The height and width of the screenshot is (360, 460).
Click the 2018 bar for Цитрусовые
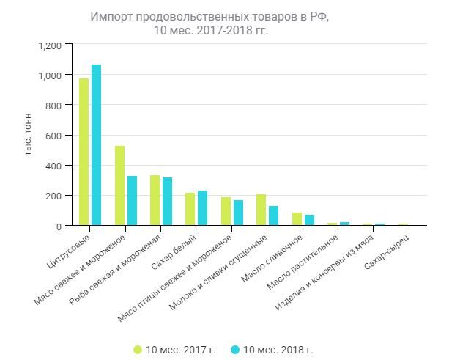coord(96,145)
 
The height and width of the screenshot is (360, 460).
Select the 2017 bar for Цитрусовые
coord(84,152)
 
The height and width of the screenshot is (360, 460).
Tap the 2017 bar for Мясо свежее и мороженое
coord(119,185)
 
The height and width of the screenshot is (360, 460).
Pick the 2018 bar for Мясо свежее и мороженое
coord(132,201)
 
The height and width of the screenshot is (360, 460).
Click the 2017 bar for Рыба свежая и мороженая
coord(155,200)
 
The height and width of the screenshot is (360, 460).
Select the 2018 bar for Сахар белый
coord(202,208)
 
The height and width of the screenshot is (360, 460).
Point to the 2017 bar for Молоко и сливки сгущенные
coord(261,210)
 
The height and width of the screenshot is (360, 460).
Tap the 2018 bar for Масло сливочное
coord(309,220)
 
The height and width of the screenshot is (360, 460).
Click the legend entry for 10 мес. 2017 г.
coord(174,350)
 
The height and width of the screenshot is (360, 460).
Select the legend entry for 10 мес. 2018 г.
coord(272,350)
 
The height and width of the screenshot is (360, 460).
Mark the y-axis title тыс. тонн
coord(28,136)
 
